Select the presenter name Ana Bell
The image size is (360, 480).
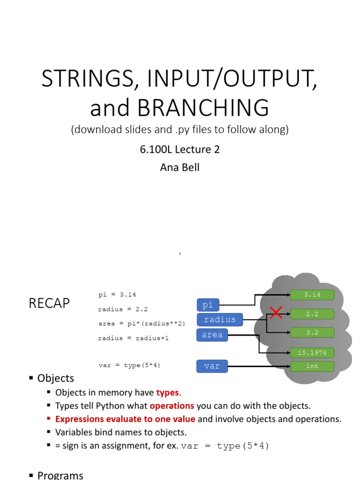click(x=180, y=167)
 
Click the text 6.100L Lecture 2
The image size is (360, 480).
click(x=180, y=150)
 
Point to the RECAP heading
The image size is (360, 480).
click(x=49, y=304)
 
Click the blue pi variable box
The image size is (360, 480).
click(x=208, y=305)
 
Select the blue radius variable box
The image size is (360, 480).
click(x=220, y=320)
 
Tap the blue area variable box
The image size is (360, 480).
click(x=212, y=335)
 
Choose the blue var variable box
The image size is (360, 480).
click(x=212, y=366)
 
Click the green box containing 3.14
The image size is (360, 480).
click(x=312, y=295)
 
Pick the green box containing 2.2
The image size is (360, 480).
click(x=312, y=314)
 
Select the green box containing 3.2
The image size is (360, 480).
click(x=312, y=332)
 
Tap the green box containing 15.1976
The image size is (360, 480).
click(x=312, y=352)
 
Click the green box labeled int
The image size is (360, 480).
click(x=312, y=366)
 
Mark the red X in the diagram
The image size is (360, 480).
click(x=276, y=313)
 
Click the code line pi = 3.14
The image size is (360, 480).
click(x=117, y=295)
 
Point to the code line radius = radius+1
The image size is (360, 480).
click(x=133, y=338)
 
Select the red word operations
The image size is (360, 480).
click(x=172, y=405)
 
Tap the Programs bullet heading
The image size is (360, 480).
click(x=60, y=475)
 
